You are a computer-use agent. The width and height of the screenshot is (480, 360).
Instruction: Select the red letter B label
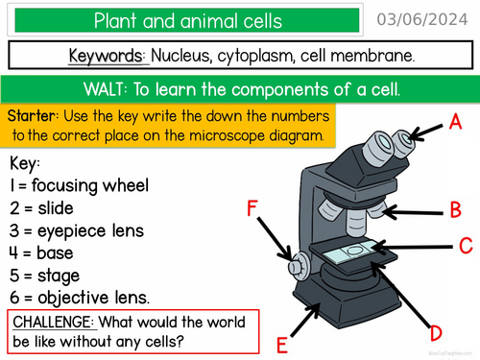pos(456,208)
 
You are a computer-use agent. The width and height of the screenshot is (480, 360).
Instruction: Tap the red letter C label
pos(465,245)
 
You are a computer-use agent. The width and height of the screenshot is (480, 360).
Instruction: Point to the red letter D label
pos(435,333)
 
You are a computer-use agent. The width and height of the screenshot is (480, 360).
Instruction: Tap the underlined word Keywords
pos(108,56)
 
